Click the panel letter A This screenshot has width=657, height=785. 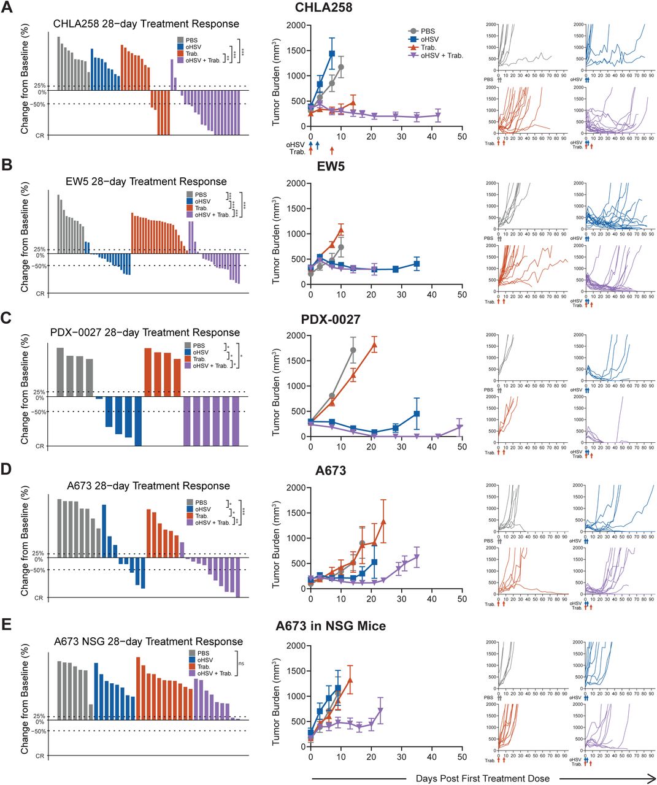[x=7, y=9]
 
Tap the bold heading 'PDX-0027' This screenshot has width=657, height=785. [x=331, y=320]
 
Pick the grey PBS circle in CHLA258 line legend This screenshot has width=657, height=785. [x=414, y=31]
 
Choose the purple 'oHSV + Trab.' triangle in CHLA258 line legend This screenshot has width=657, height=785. [x=414, y=55]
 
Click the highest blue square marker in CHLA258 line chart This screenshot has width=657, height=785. [x=332, y=54]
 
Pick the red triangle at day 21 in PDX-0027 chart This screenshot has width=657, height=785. [x=374, y=345]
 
